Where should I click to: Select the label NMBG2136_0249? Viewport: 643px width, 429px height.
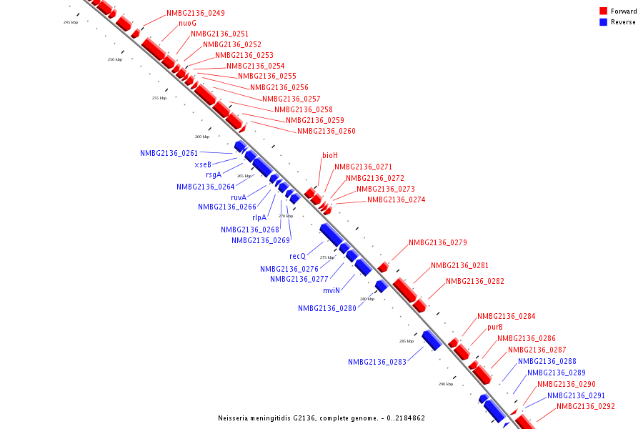[195, 13]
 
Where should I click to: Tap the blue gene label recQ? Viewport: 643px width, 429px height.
[297, 256]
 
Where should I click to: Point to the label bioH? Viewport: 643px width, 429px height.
[329, 155]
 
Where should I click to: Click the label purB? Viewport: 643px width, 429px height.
[495, 327]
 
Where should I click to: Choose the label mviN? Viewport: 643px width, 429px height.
[331, 290]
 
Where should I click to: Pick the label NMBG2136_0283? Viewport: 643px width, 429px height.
[377, 362]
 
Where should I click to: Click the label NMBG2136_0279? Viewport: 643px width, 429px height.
[437, 242]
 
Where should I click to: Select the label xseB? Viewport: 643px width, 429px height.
[203, 164]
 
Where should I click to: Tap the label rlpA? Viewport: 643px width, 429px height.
[259, 217]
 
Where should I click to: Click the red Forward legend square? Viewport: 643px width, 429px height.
[603, 11]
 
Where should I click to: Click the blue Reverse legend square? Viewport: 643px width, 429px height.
[603, 22]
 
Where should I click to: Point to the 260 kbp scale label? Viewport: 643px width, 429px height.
[202, 137]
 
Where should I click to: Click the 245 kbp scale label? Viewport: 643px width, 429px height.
[71, 23]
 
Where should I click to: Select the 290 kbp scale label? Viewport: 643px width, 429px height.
[446, 384]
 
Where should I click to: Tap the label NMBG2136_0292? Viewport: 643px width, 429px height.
[585, 406]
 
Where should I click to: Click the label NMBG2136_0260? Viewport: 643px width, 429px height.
[326, 131]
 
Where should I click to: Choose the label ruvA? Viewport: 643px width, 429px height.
[239, 197]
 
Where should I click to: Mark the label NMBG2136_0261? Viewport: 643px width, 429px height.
[169, 153]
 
